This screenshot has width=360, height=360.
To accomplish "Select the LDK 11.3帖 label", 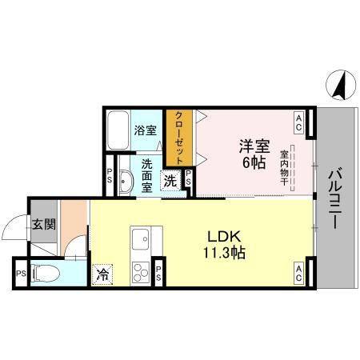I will [226, 244].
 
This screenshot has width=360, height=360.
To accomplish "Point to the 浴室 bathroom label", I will [145, 130].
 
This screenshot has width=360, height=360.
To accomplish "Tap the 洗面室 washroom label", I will [147, 175].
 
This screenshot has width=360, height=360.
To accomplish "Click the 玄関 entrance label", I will [43, 225].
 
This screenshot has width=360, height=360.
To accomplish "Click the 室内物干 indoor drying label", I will [285, 168].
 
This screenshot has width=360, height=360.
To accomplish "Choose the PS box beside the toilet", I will [19, 273].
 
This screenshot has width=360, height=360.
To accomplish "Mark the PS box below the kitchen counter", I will [160, 273].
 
